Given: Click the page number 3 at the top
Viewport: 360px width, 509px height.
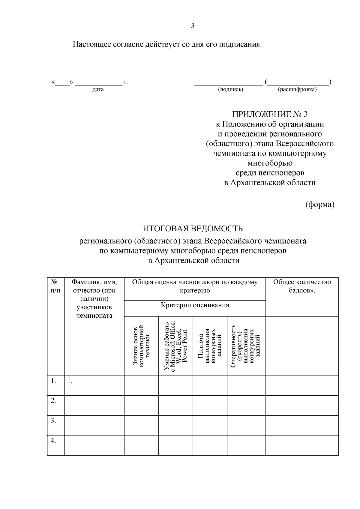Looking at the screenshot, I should (x=193, y=26).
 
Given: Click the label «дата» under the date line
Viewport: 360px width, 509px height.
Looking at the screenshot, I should (x=98, y=89).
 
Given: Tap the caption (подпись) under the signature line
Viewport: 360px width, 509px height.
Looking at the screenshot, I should (x=230, y=89).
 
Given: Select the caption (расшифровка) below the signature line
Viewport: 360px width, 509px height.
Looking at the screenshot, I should (x=297, y=89).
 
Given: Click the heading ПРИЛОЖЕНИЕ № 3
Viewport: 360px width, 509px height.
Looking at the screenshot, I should (x=270, y=114).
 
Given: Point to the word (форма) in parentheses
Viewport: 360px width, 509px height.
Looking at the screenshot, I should (x=319, y=205).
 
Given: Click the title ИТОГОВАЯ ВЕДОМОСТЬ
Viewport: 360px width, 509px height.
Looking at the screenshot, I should (x=193, y=229).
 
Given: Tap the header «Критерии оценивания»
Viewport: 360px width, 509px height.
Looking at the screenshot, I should (x=195, y=305).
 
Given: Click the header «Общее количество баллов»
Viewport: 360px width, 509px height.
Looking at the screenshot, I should (x=302, y=286).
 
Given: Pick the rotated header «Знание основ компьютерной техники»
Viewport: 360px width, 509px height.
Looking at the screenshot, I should (x=141, y=346).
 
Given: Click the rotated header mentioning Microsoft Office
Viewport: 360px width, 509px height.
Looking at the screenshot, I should (x=175, y=346).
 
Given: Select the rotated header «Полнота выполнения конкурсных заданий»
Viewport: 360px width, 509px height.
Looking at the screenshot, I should (x=210, y=346).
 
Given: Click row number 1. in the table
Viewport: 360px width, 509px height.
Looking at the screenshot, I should (x=54, y=381).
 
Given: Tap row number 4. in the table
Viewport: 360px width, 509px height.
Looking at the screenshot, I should (x=54, y=441).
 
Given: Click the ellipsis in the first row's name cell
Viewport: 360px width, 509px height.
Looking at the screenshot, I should (x=71, y=382).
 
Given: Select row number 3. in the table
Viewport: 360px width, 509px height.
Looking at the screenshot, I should (x=54, y=421).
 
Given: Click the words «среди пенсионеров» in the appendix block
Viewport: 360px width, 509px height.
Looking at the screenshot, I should (x=270, y=173).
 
